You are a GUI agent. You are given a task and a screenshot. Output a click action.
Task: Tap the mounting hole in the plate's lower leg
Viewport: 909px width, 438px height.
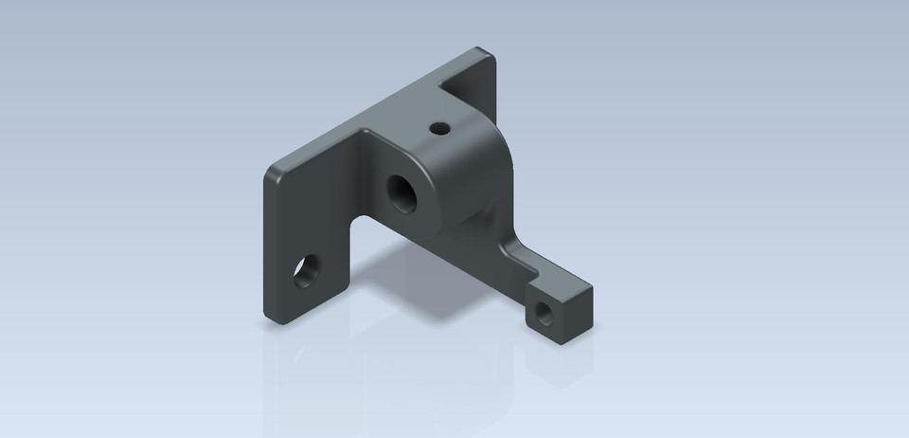click(x=307, y=272)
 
